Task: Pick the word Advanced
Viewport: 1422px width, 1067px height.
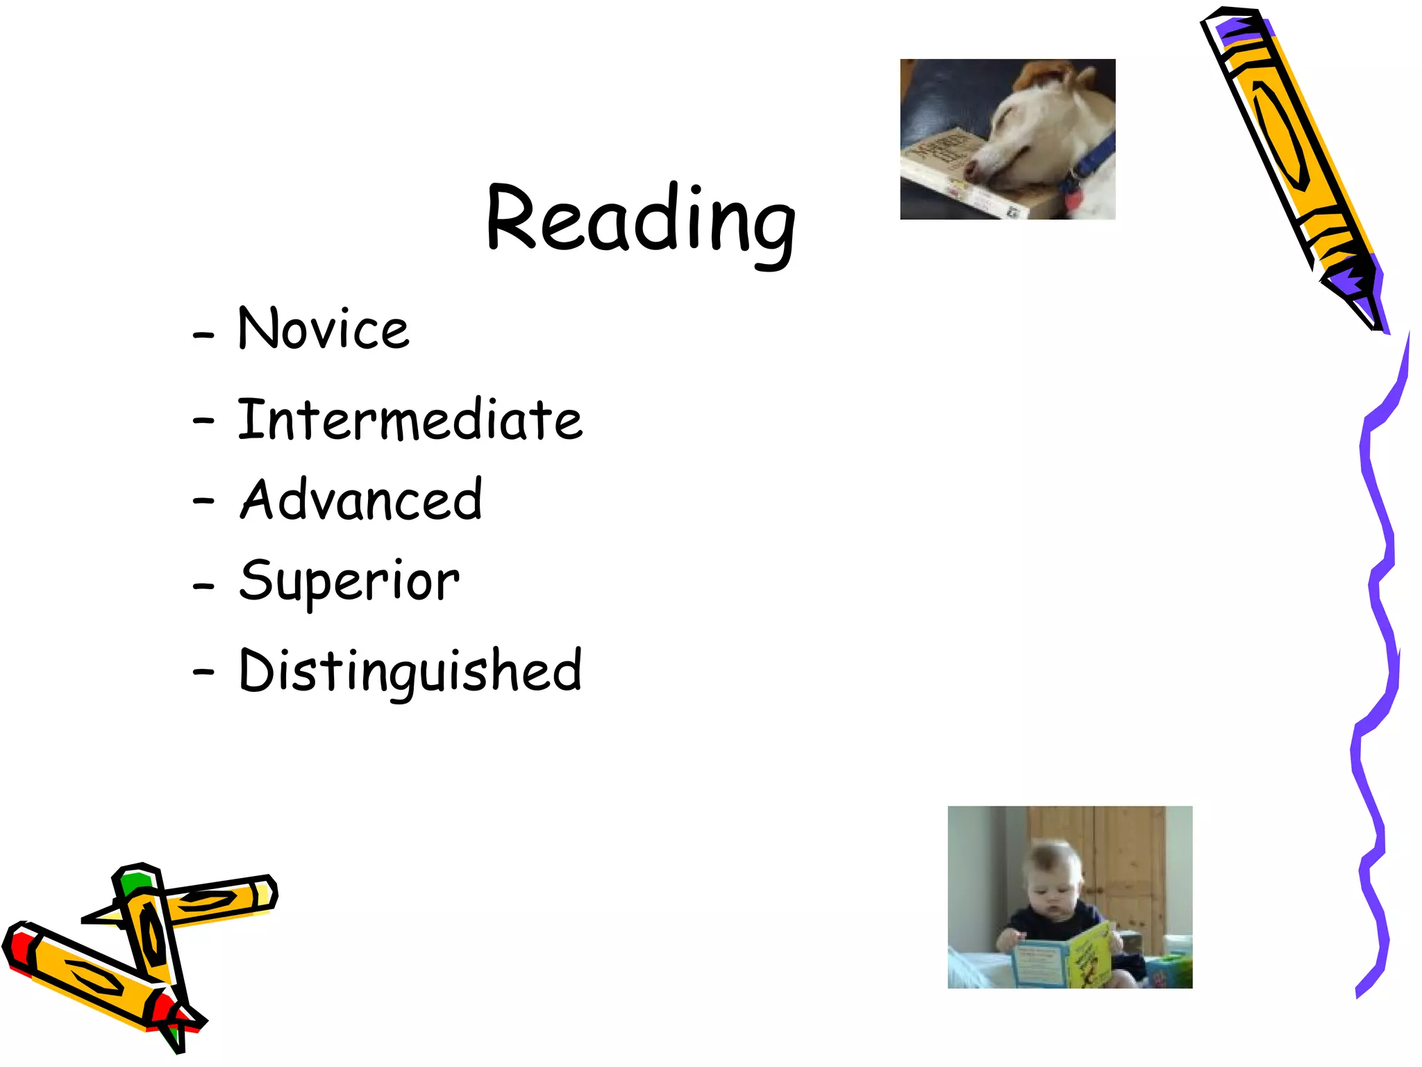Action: tap(360, 499)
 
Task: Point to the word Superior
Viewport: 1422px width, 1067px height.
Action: tap(349, 581)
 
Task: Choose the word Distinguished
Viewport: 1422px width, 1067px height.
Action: tap(410, 670)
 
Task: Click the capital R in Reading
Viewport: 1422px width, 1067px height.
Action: tap(512, 217)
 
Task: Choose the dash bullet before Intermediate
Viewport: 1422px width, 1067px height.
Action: tap(203, 420)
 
